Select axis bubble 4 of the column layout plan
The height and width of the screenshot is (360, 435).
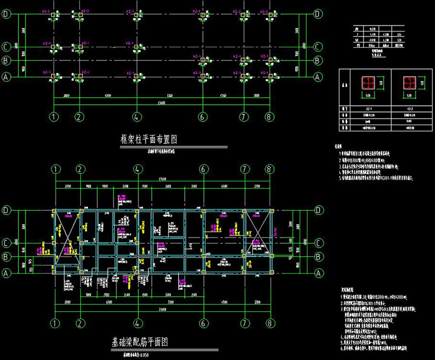tap(136, 116)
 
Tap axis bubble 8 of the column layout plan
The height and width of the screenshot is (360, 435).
tap(268, 116)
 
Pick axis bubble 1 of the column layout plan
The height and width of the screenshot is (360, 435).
tap(54, 116)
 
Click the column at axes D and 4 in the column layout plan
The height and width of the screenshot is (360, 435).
tap(136, 15)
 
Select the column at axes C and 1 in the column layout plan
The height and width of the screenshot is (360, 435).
tap(54, 47)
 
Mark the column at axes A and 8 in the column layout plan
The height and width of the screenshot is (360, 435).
tap(268, 76)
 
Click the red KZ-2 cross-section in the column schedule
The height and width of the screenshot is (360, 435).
tap(409, 83)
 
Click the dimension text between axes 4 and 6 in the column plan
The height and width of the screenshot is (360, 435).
tap(169, 96)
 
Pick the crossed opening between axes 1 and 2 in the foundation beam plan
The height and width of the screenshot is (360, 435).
tap(66, 235)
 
